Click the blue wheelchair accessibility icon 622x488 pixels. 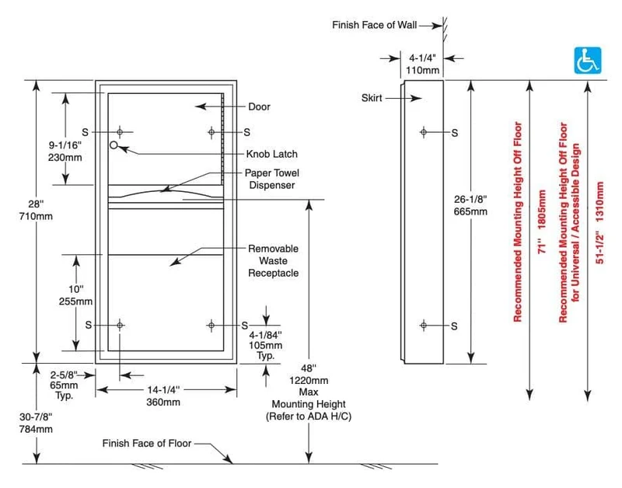[x=588, y=61]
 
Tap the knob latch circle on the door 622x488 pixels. [x=114, y=145]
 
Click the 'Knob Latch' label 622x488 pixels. [x=271, y=154]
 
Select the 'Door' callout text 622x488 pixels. [x=259, y=106]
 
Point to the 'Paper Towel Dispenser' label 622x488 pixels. [x=271, y=180]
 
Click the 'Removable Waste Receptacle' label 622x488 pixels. [x=274, y=261]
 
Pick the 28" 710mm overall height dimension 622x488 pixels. [x=35, y=210]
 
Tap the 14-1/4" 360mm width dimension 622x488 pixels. [x=163, y=396]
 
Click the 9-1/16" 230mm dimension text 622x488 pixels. [x=65, y=151]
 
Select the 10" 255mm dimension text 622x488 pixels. [x=75, y=295]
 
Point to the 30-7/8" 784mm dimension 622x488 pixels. [x=36, y=423]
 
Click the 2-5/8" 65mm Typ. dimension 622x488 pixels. [x=64, y=385]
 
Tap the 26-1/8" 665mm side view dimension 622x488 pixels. [x=470, y=205]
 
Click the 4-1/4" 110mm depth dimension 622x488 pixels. [x=422, y=64]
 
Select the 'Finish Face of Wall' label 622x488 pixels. [x=375, y=25]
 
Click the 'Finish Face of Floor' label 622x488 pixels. [x=147, y=443]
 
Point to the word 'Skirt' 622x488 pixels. [x=372, y=98]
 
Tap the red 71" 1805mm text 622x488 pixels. [x=542, y=222]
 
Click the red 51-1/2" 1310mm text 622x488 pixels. [x=599, y=223]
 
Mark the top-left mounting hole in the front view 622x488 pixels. [x=120, y=132]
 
